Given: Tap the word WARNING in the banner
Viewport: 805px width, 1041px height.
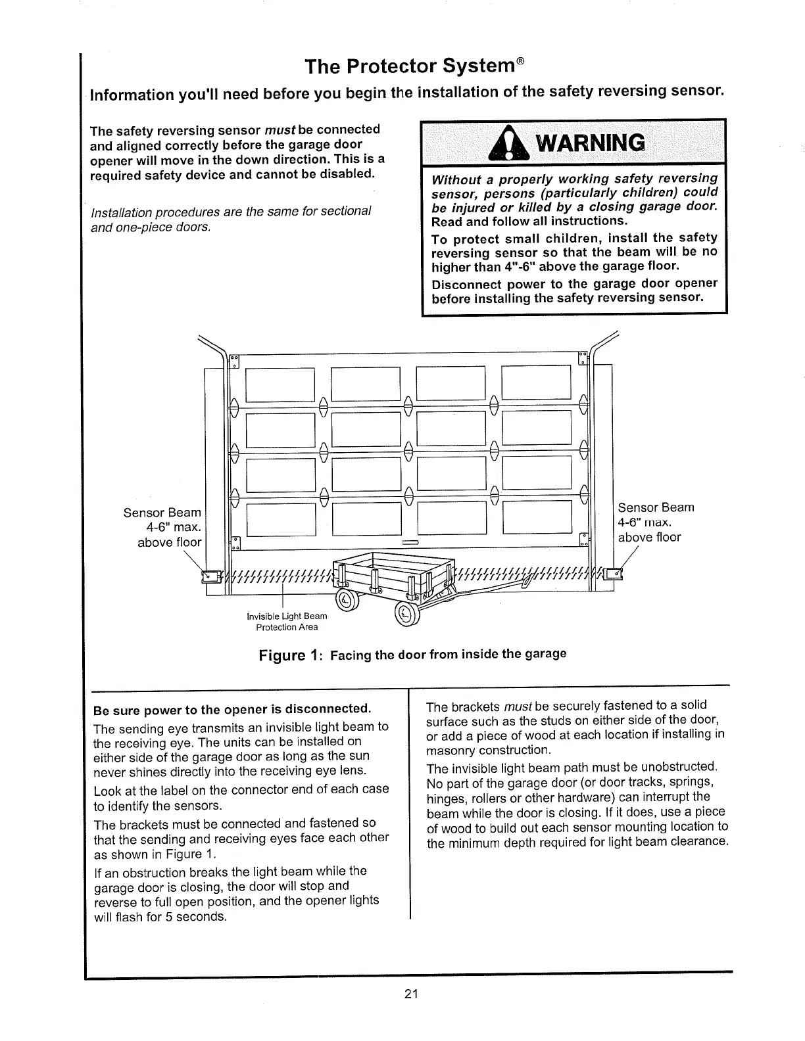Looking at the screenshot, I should [x=589, y=143].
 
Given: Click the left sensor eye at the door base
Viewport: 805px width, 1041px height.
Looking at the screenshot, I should [x=212, y=576].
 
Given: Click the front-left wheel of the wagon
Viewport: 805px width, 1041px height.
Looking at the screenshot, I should [x=347, y=598].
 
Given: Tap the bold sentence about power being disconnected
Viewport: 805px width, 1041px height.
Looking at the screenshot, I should [x=233, y=709].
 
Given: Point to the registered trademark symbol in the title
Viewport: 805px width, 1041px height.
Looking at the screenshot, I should [x=520, y=62].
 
